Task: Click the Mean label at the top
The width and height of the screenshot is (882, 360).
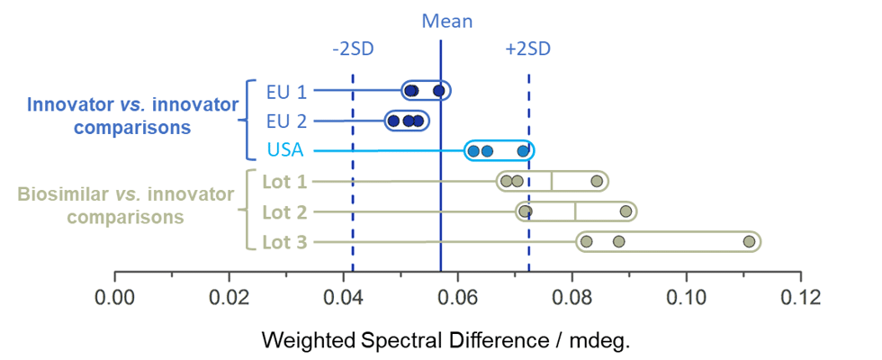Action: click(x=447, y=21)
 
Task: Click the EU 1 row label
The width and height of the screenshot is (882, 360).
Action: click(x=286, y=91)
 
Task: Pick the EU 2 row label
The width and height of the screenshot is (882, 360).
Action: click(x=286, y=121)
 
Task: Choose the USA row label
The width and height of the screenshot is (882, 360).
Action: click(x=285, y=150)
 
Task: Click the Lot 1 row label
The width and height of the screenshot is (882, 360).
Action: click(x=284, y=182)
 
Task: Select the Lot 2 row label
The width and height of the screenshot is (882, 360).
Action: click(x=284, y=211)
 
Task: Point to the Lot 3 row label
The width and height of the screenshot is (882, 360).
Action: click(x=284, y=241)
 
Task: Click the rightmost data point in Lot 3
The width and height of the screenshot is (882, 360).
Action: click(x=749, y=241)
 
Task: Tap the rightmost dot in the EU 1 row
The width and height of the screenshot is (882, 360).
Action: click(x=438, y=91)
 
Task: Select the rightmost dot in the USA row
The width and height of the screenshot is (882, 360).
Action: click(x=523, y=150)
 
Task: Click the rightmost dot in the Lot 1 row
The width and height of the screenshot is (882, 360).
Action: click(x=597, y=182)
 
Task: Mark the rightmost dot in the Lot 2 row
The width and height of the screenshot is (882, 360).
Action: click(x=625, y=211)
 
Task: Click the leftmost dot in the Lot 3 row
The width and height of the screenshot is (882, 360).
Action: click(x=586, y=241)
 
